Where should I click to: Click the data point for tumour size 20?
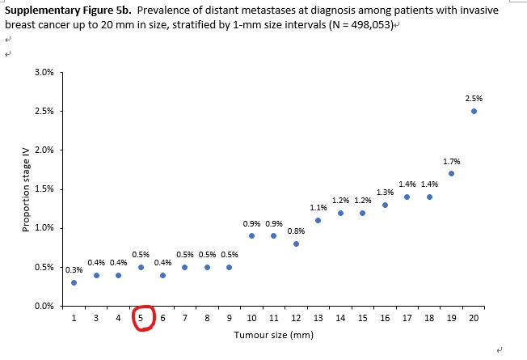(x=474, y=112)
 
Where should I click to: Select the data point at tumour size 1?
(x=74, y=282)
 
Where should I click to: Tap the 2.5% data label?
(x=474, y=98)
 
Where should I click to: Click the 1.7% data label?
(x=451, y=161)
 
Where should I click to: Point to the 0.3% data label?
(x=74, y=269)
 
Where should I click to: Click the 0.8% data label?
(x=296, y=231)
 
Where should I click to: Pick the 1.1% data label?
(x=318, y=208)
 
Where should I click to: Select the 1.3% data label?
(x=385, y=192)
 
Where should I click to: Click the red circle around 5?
(x=141, y=318)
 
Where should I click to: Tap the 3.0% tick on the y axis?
(x=44, y=73)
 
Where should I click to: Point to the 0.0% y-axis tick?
(x=44, y=306)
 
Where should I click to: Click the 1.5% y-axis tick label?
(x=44, y=189)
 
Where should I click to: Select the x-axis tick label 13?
(x=318, y=319)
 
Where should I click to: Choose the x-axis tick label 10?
(x=251, y=319)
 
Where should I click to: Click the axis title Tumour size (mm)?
(x=273, y=335)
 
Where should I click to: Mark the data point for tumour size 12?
(x=296, y=244)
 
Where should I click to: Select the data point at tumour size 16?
(x=385, y=205)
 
